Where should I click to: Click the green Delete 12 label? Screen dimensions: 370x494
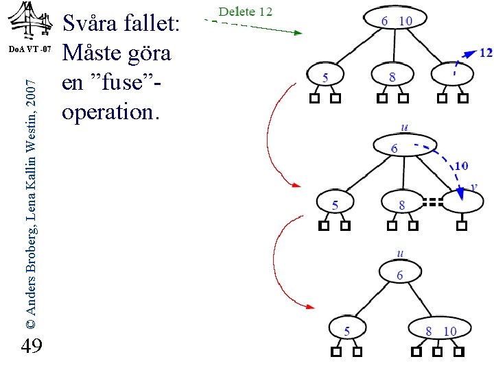tap(245, 12)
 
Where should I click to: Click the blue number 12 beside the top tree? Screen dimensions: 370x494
tap(485, 52)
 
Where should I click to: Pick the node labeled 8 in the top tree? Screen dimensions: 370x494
tap(392, 77)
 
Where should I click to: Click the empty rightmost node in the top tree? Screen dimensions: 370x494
tap(453, 75)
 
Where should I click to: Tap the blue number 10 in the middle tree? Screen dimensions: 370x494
tap(461, 166)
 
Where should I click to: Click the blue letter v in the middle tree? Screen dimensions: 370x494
tap(473, 186)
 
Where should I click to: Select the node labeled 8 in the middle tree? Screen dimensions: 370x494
tap(401, 204)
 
